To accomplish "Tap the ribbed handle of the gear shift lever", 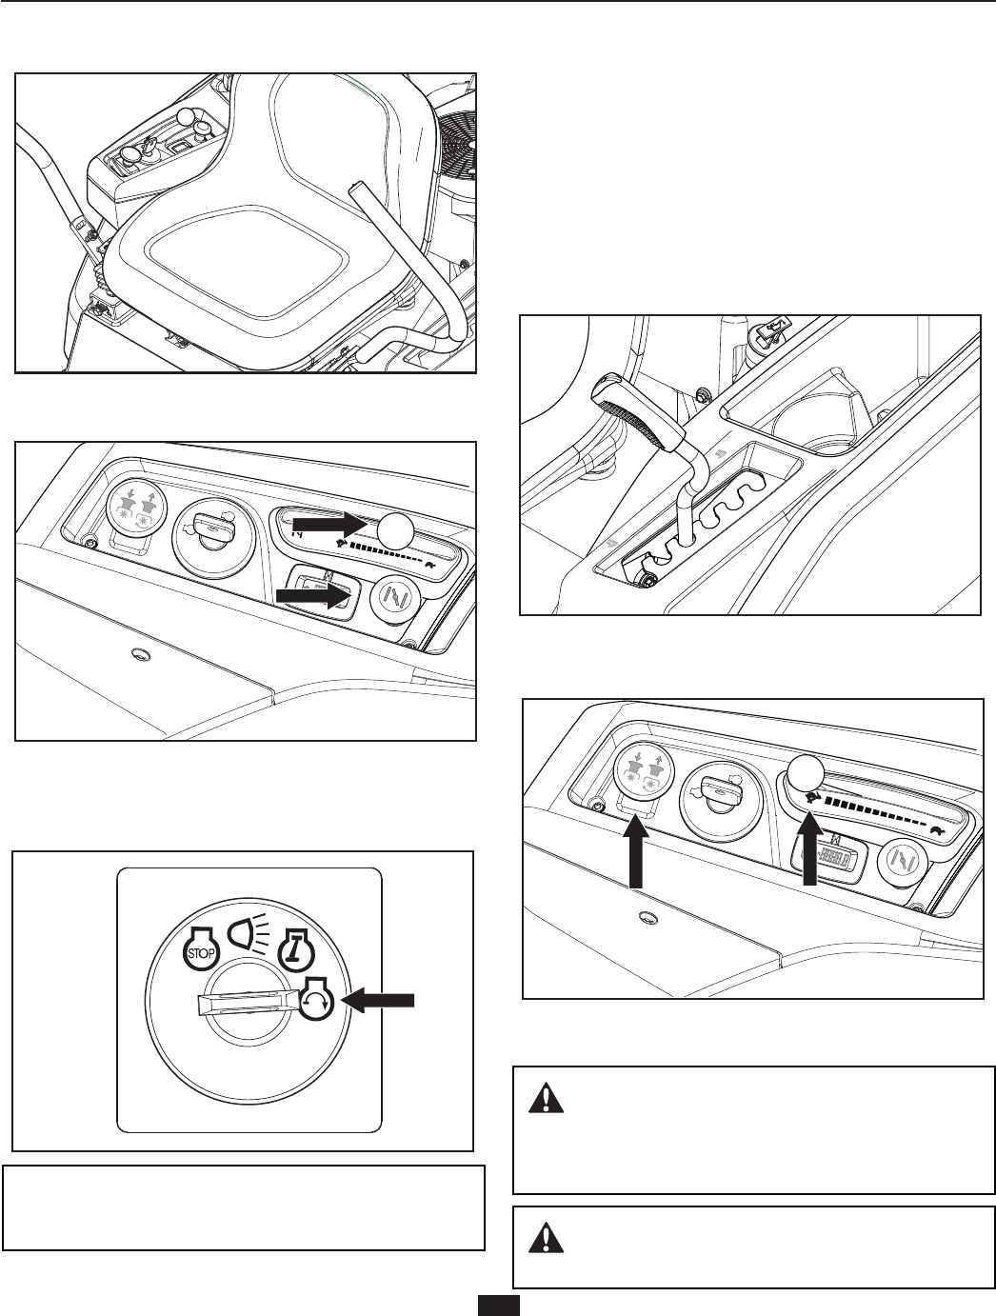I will click(632, 410).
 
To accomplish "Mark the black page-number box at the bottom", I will click(498, 1306).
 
